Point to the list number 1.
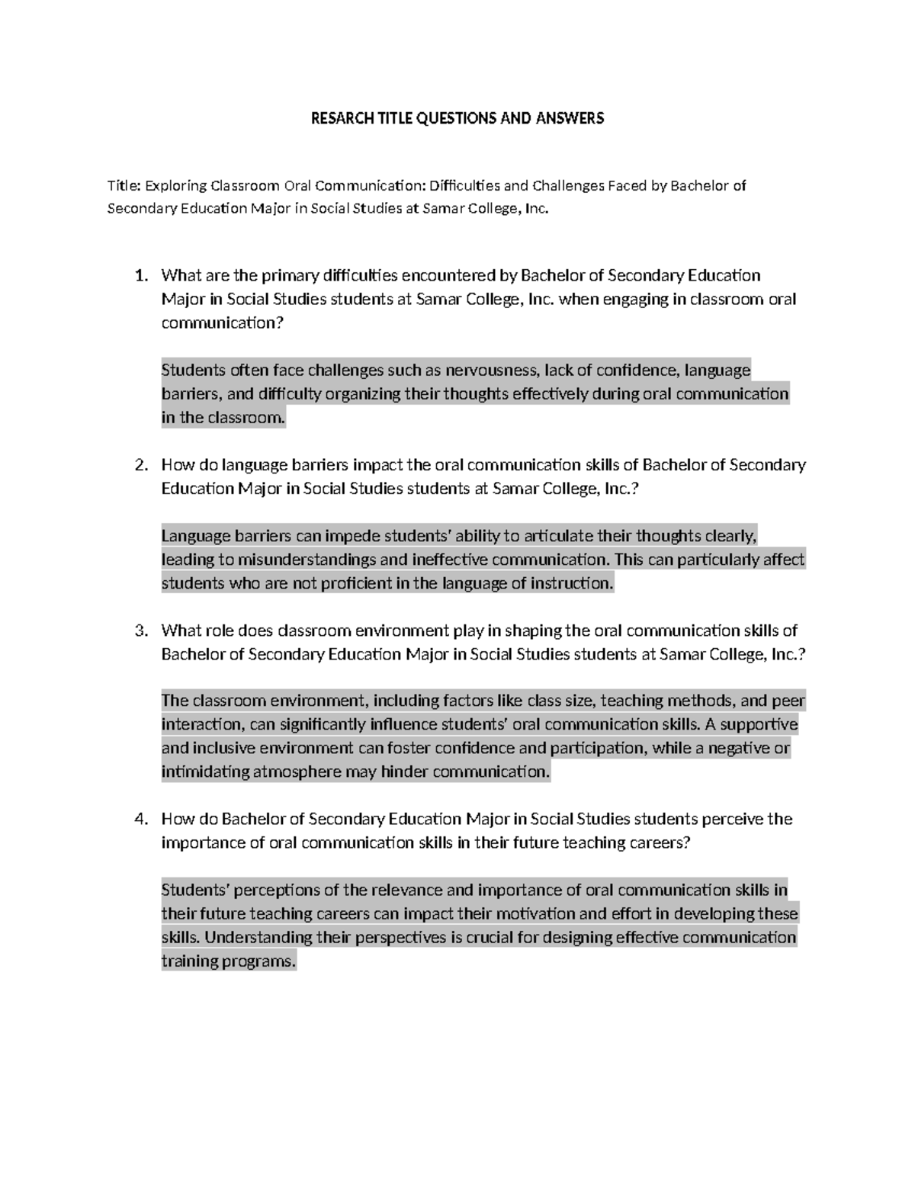(x=140, y=275)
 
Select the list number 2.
(x=140, y=465)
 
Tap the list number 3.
(x=140, y=631)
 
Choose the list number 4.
(x=140, y=820)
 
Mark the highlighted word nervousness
(x=493, y=371)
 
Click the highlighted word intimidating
(x=205, y=772)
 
